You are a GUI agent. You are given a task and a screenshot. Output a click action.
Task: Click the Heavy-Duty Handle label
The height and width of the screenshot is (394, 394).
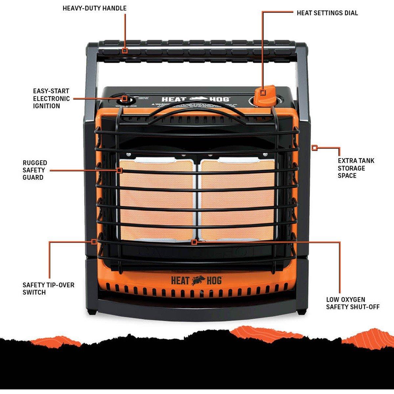point(95,8)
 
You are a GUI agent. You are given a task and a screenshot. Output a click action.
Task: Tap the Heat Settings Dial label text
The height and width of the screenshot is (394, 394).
point(327,13)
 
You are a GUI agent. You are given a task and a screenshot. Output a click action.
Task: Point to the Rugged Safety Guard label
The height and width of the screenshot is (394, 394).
point(35,170)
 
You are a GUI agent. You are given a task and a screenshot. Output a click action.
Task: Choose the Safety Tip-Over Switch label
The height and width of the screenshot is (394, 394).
point(49,288)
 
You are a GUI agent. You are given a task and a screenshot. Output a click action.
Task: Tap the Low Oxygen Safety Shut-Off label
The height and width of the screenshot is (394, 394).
point(353,303)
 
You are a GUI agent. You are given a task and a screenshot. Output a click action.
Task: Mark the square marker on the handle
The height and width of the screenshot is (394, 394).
point(124,51)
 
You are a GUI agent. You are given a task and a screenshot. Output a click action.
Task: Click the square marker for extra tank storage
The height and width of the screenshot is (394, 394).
point(315,148)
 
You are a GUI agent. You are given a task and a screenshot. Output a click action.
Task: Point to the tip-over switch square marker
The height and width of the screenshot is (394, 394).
point(94,242)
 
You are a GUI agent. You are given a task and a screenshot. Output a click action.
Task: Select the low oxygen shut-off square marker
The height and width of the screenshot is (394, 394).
point(194,242)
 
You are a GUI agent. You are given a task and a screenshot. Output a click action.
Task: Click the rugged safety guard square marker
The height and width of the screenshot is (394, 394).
point(120,170)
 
